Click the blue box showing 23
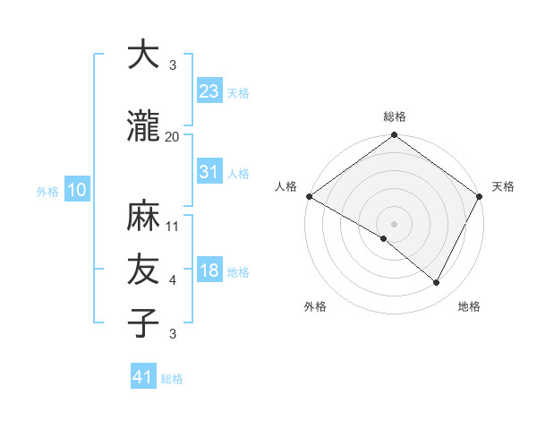(x=209, y=91)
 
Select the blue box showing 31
(x=209, y=173)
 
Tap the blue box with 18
(x=209, y=271)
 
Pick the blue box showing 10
(x=77, y=190)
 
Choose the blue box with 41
(x=144, y=377)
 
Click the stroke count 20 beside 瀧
(x=172, y=136)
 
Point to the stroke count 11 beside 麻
(x=173, y=227)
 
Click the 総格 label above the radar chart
(x=395, y=117)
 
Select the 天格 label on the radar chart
(x=504, y=186)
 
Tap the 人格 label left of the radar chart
(x=286, y=186)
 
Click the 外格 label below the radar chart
(x=315, y=307)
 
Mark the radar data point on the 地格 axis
(x=437, y=283)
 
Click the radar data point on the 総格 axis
(x=395, y=136)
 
